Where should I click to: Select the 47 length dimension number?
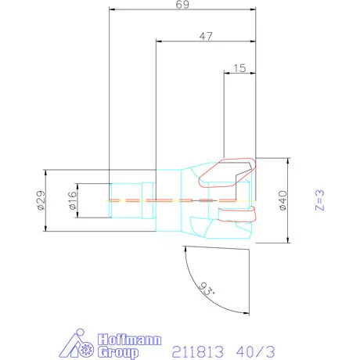click(207, 36)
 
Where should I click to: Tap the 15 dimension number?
click(239, 68)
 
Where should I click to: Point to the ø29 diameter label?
click(41, 201)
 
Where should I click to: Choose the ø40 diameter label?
click(283, 200)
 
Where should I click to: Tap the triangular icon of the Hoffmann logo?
click(76, 345)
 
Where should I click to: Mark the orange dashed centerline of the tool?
click(157, 200)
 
